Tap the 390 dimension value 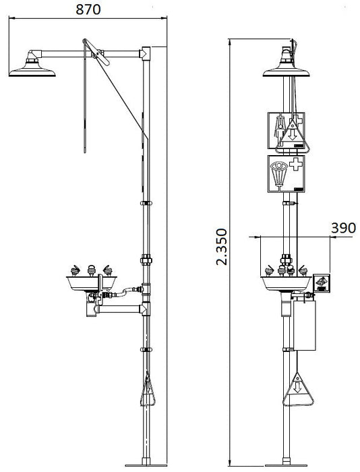tap(343, 228)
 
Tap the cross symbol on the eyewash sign tap(296, 166)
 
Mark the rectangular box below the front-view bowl tap(304, 325)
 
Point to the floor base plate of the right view tap(288, 465)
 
